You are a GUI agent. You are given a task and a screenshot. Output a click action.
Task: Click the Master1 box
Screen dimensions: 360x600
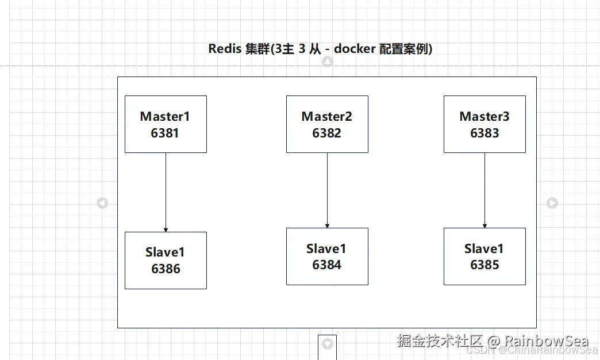[x=166, y=124]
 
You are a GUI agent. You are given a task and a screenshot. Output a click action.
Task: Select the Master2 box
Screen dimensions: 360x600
[x=327, y=124]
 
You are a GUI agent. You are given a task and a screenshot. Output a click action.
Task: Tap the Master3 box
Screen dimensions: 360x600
[x=484, y=124]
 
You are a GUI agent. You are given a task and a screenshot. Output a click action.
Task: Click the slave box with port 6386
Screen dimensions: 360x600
[x=166, y=261]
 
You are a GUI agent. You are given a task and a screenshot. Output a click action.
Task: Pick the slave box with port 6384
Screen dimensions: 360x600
[x=327, y=256]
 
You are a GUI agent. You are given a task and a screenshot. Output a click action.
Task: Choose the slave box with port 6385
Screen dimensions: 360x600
[x=484, y=256]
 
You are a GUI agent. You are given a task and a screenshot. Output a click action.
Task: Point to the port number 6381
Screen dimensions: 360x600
[x=166, y=133]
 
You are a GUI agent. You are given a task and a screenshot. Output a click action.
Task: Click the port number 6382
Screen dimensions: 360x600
[x=327, y=133]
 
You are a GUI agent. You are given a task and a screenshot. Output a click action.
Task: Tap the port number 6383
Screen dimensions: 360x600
[x=484, y=133]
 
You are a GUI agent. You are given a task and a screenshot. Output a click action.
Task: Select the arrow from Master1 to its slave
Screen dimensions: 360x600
[x=166, y=193]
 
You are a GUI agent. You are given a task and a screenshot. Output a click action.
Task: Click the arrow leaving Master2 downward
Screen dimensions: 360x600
[x=327, y=190]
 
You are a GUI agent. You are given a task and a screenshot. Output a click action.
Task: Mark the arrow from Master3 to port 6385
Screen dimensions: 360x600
[x=484, y=190]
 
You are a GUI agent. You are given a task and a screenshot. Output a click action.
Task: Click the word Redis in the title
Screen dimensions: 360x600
[x=225, y=49]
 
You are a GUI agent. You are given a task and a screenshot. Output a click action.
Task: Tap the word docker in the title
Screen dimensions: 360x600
[x=355, y=49]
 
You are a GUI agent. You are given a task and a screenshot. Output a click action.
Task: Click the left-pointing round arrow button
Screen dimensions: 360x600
[x=102, y=203]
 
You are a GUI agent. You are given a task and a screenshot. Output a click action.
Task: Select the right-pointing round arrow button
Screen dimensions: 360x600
[x=552, y=203]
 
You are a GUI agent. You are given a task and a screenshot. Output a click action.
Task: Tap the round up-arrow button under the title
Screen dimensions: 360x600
[x=328, y=62]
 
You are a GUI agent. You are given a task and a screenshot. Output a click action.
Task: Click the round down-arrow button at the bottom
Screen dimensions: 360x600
[x=328, y=344]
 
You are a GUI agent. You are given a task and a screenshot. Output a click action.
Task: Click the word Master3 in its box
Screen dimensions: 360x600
[x=484, y=117]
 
